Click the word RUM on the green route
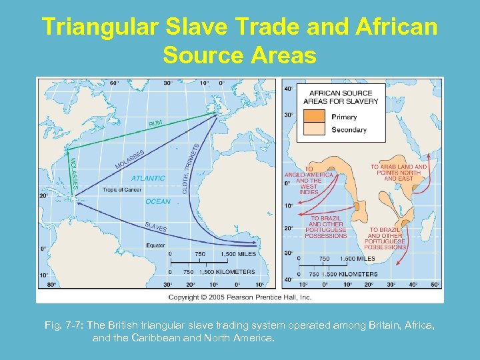(156, 123)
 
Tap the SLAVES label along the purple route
(155, 227)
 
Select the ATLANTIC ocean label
(148, 178)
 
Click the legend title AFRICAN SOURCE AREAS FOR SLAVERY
(341, 97)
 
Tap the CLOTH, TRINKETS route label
(191, 169)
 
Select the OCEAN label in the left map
(157, 201)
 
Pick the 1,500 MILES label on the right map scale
(357, 259)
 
